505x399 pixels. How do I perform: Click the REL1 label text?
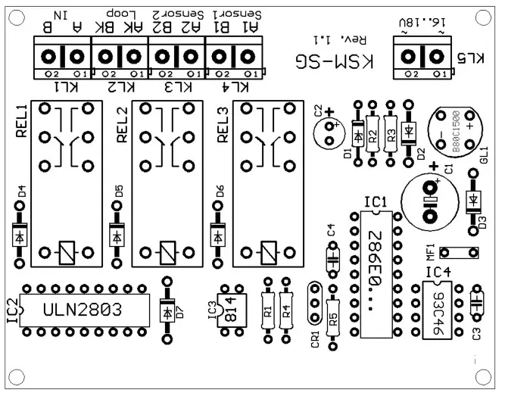(20, 121)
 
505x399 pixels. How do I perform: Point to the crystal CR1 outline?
(315, 304)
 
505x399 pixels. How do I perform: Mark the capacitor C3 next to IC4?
(476, 304)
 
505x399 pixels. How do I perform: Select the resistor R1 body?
(267, 310)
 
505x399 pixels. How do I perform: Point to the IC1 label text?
(376, 202)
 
